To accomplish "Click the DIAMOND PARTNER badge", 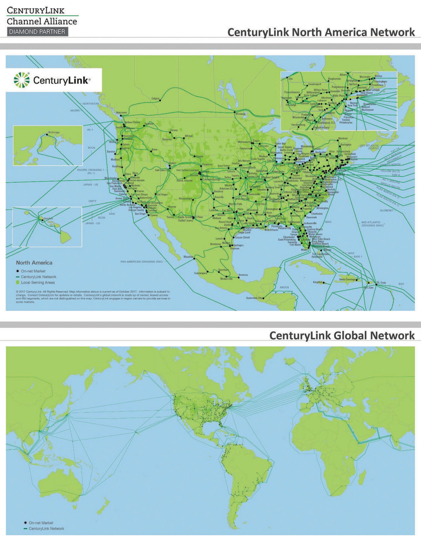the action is pos(37,32).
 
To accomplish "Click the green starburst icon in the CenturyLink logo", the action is pos(22,80).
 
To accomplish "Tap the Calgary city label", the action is pos(155,98).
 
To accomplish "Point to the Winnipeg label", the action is pos(240,114).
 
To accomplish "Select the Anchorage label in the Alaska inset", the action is pos(54,132).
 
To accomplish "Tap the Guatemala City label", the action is pos(254,298).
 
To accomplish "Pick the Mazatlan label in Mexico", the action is pos(188,257).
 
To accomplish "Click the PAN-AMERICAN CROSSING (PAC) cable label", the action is pos(142,262).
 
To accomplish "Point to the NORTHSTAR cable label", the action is pos(91,103).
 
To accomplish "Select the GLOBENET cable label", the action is pos(387,210).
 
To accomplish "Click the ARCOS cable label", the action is pos(284,287).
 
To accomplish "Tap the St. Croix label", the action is pos(381,282).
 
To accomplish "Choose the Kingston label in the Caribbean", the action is pos(318,282).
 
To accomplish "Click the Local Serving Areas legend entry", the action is pos(38,282).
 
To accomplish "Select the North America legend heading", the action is pos(34,263).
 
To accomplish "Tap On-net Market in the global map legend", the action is pos(41,523).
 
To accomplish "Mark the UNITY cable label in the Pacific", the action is pos(92,201).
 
